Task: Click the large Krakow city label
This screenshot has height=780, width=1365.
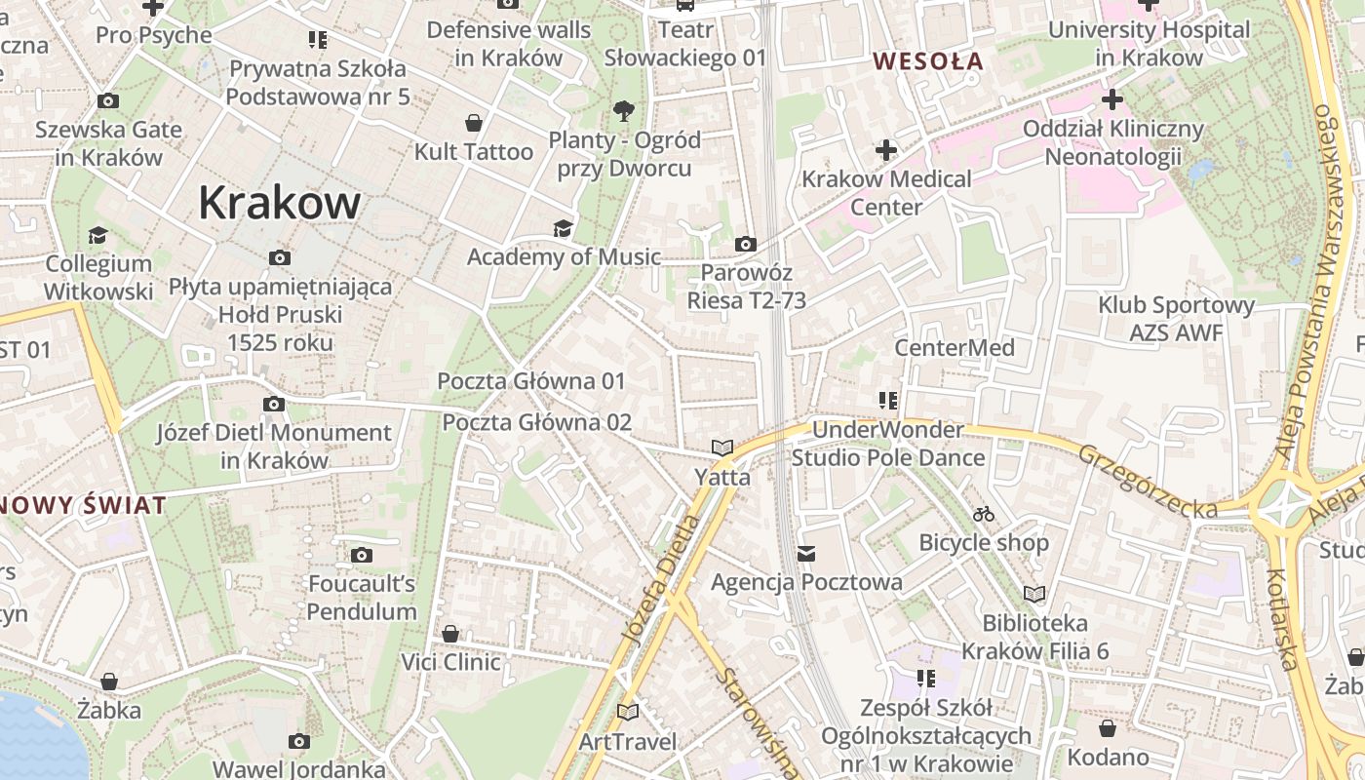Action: (279, 204)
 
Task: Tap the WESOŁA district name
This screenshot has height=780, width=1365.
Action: (927, 61)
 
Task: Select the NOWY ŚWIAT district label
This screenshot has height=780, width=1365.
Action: (82, 505)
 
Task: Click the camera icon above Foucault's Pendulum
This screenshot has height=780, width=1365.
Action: (362, 556)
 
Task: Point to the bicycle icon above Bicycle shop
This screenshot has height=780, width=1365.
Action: (984, 514)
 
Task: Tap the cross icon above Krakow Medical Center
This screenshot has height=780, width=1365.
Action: (885, 150)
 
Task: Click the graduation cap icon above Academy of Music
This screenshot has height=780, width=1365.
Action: (563, 228)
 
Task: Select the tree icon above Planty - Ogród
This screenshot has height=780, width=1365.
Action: (624, 110)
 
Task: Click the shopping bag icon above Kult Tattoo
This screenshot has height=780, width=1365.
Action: (474, 123)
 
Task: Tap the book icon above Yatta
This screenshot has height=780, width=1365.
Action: (721, 448)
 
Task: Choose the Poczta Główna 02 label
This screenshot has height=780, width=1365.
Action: (536, 422)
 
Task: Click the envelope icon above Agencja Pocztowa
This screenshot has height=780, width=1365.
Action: (806, 554)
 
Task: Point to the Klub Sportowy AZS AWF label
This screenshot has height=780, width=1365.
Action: (1176, 319)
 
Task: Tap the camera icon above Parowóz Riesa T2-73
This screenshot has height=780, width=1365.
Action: (746, 244)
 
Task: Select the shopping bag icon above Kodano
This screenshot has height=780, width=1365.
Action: (1108, 728)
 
